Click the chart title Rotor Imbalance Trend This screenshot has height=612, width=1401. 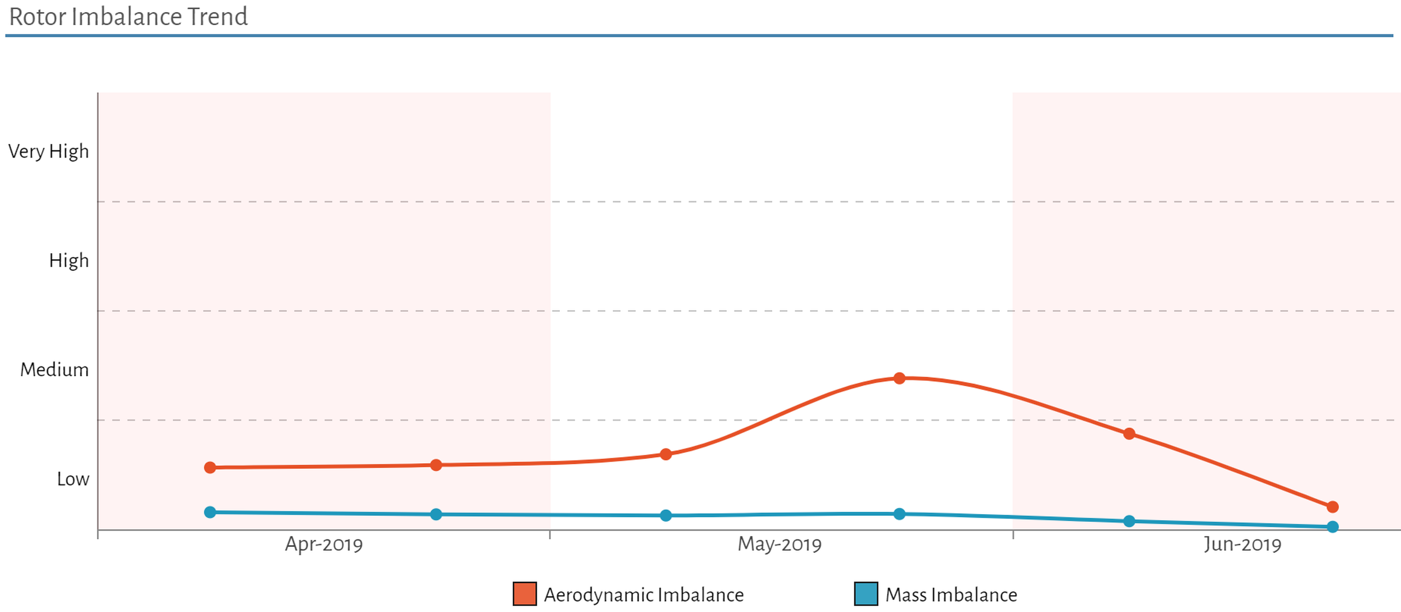[129, 17]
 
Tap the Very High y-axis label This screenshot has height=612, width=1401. [48, 151]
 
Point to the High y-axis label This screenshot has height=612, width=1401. [68, 261]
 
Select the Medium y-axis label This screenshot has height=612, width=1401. [54, 370]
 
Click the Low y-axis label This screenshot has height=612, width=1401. [73, 480]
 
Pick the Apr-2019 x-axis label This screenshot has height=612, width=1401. [323, 545]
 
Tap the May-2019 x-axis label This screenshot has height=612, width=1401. [779, 545]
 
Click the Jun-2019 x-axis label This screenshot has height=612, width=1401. [1242, 545]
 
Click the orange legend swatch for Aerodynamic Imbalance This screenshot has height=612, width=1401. [524, 594]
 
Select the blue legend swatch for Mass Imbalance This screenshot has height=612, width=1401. [866, 594]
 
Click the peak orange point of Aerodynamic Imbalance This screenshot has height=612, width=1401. [899, 378]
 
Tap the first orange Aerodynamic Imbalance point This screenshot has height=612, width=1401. [210, 468]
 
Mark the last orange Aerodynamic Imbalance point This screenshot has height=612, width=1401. [1333, 507]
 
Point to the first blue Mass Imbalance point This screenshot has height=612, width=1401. [210, 512]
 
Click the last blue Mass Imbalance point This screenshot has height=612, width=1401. [1333, 527]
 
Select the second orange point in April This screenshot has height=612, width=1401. [436, 465]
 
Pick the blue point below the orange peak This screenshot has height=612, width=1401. [899, 514]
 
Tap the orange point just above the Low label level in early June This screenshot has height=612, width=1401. [1129, 434]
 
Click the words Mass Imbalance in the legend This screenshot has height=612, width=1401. [951, 595]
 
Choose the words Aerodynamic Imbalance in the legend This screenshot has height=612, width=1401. [644, 595]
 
